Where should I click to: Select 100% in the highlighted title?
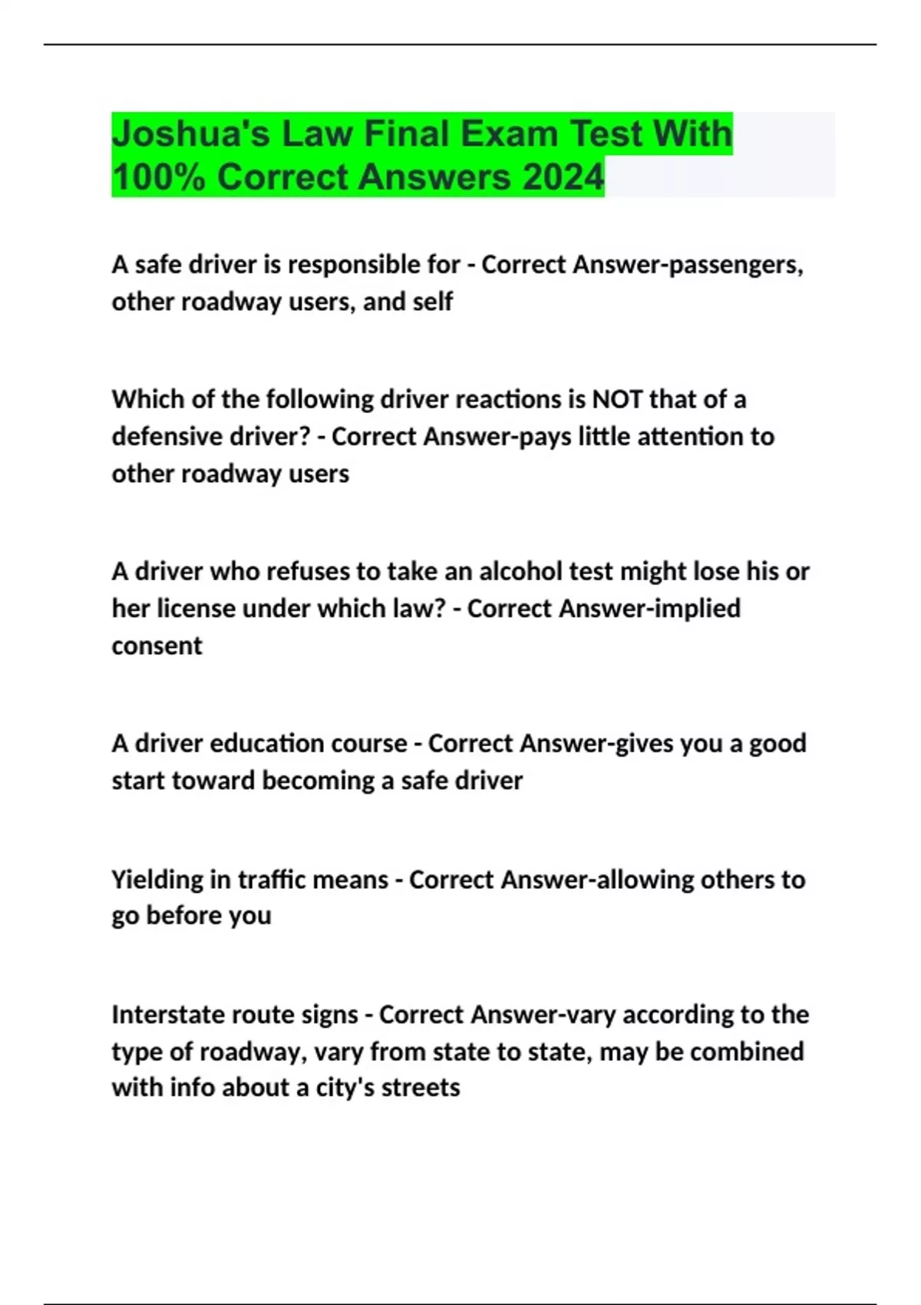[x=158, y=177]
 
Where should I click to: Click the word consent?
[x=157, y=646]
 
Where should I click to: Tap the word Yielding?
[x=157, y=880]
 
